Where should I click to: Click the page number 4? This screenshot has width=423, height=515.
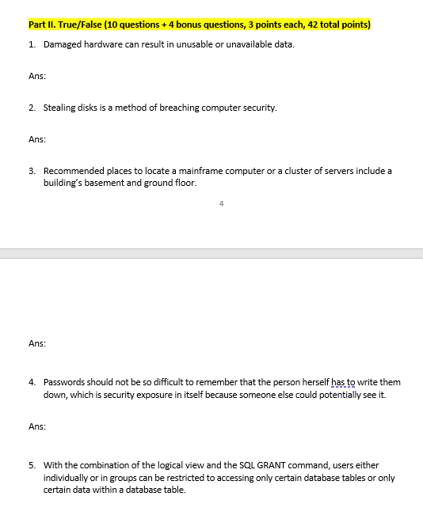221,204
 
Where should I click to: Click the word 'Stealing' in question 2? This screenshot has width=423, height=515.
59,108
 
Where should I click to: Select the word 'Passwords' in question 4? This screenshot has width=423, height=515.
64,382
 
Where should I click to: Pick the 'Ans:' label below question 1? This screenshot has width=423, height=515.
36,76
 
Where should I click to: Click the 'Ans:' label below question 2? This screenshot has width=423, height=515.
36,140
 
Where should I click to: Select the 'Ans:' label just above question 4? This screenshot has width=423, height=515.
36,344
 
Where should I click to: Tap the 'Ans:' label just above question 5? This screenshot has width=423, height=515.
36,426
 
